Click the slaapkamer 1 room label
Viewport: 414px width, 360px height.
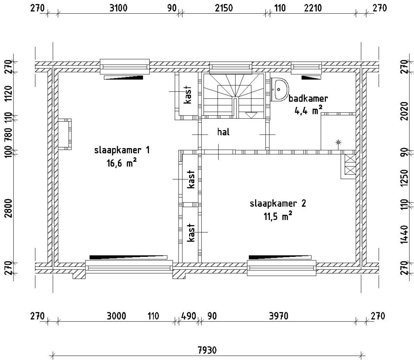point(122,150)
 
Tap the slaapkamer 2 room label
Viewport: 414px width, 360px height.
point(278,203)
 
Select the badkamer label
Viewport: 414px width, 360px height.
point(308,99)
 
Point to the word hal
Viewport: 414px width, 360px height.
point(223,132)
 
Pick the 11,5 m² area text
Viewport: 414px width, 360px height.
point(278,216)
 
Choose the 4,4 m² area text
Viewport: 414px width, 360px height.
point(308,111)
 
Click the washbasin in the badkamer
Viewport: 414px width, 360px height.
point(279,90)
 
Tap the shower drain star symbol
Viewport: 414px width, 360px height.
point(338,142)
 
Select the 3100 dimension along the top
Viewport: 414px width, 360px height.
point(118,8)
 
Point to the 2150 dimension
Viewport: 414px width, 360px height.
point(224,8)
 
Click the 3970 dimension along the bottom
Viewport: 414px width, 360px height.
point(278,316)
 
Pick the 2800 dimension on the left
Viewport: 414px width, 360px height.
point(8,208)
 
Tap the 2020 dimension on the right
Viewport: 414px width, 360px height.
point(405,111)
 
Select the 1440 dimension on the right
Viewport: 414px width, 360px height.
point(405,235)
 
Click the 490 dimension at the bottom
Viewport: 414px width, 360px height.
point(189,316)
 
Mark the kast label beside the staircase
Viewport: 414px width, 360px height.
point(188,95)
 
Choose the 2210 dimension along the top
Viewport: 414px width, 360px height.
point(313,8)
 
